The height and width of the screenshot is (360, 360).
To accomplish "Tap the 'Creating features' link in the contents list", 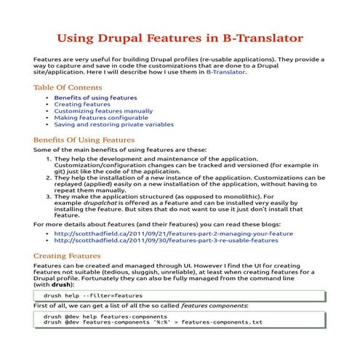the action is coord(76,104).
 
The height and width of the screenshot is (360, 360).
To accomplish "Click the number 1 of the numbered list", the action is coord(49,157).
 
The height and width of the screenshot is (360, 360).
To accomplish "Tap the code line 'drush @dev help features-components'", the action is coord(105,317).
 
